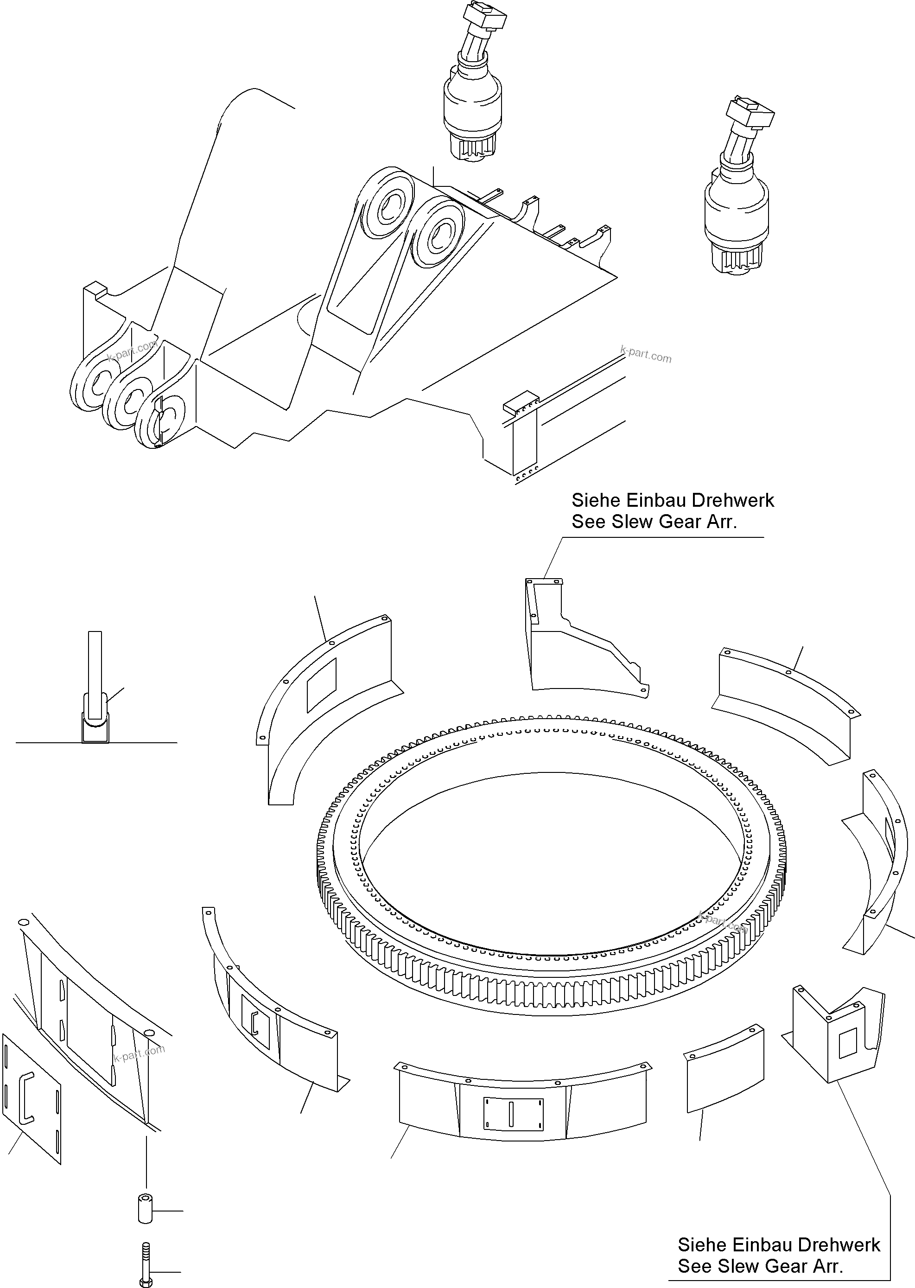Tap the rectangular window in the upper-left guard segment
(321, 684)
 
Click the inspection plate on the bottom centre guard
(513, 1113)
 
